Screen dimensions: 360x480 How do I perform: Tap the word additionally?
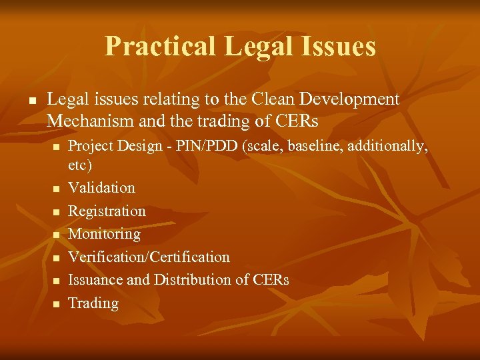coord(388,145)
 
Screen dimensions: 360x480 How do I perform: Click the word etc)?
coord(81,164)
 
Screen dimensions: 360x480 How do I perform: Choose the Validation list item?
coord(101,188)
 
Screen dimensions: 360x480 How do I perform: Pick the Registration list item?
coord(107,211)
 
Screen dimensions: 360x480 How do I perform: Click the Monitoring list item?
coord(105,234)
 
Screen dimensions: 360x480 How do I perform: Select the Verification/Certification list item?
coord(149,257)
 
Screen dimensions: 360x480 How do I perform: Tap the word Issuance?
coord(95,280)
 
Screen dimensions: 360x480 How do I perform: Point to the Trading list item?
coord(93,303)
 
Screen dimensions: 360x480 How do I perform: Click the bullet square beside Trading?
coord(56,304)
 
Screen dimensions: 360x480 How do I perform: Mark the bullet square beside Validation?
coord(56,189)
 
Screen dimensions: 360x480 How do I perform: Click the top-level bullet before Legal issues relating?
coord(31,101)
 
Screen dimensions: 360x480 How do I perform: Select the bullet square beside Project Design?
coord(56,147)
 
